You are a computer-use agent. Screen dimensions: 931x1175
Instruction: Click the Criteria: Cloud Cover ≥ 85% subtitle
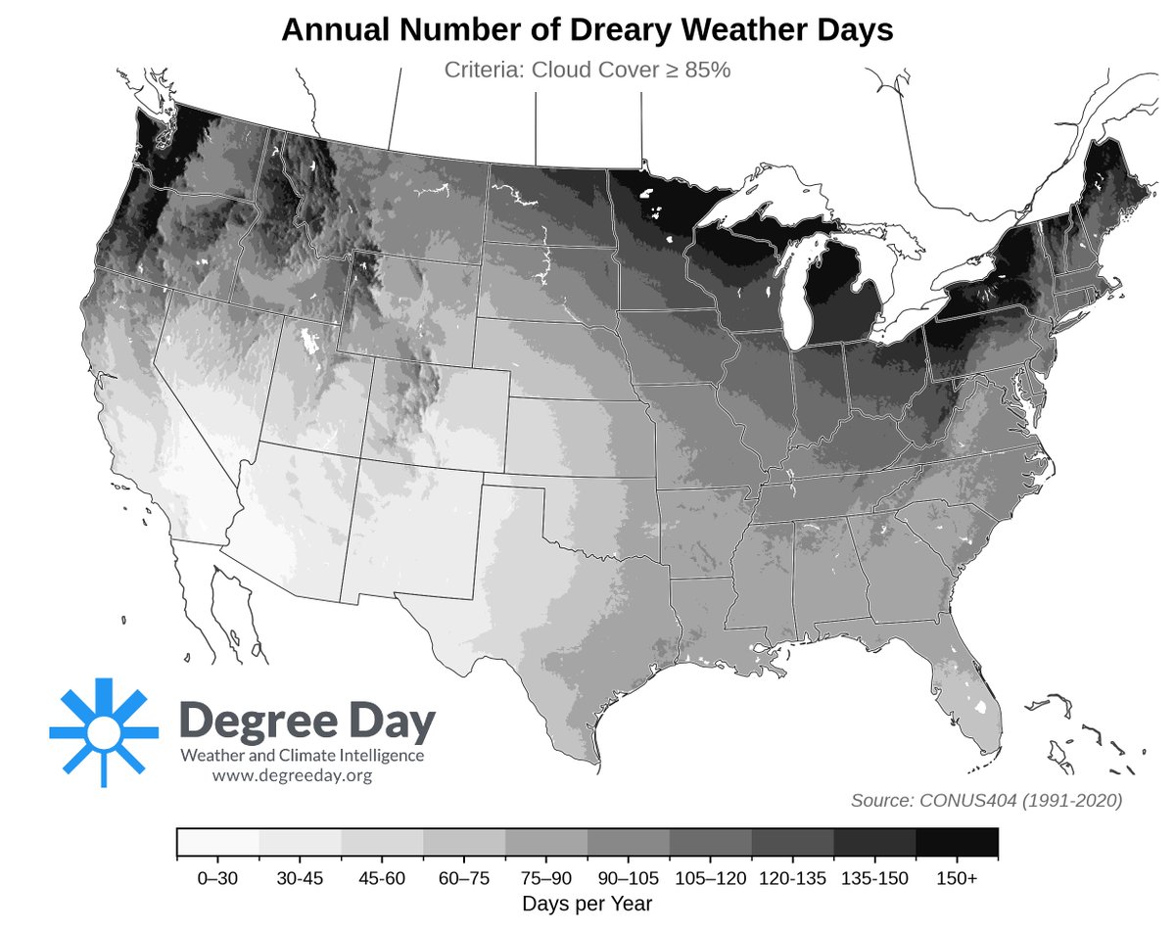pos(587,70)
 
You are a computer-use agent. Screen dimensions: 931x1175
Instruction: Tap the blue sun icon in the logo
pos(103,731)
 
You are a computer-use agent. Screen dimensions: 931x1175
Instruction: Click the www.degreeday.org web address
pos(292,775)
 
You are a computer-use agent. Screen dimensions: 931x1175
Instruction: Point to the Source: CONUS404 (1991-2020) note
pos(986,801)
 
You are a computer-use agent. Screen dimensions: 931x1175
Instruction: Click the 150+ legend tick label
pos(957,879)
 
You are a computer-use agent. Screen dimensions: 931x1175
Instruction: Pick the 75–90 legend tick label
pos(546,879)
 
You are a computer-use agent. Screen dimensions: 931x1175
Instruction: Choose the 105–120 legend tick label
pos(711,879)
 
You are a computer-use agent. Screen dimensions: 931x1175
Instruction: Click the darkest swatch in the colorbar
pos(957,842)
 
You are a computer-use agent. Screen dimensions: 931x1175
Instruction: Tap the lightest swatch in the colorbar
pos(218,842)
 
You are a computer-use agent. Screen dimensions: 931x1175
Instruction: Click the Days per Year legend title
pos(587,902)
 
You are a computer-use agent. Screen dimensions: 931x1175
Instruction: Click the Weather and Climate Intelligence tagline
pos(302,756)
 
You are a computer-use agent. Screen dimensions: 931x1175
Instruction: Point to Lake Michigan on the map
pos(796,294)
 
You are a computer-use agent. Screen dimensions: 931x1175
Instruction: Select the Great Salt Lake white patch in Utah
pos(311,342)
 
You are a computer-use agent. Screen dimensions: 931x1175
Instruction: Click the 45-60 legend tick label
pos(382,879)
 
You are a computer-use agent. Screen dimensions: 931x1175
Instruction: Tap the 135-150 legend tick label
pos(874,879)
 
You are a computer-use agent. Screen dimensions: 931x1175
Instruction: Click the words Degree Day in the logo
pos(307,722)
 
